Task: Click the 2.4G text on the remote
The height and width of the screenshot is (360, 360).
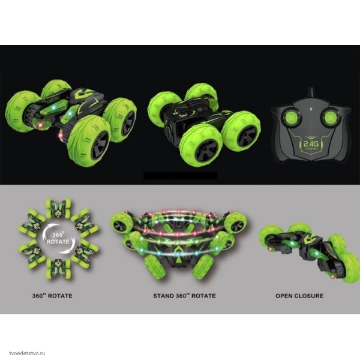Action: click(311, 144)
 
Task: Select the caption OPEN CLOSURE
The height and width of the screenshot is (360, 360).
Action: click(299, 296)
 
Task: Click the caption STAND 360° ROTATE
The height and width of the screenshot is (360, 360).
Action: click(185, 295)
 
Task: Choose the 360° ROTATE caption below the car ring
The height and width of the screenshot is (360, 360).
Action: click(52, 295)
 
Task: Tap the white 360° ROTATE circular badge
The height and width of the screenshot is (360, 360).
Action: click(58, 239)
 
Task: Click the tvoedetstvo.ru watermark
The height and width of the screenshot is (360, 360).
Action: click(27, 353)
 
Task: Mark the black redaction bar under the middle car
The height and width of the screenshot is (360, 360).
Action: click(181, 176)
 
